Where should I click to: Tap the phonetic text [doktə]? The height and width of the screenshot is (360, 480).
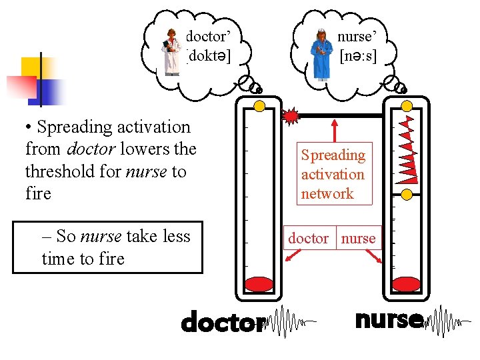209,56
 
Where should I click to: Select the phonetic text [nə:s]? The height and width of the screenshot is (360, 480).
358,56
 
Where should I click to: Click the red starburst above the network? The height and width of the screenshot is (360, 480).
291,116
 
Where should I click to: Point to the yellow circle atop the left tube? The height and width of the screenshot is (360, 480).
260,105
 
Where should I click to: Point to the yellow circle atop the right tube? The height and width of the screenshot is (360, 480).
407,105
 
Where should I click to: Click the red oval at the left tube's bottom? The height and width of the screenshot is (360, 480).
260,285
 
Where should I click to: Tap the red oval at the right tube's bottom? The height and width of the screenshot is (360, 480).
407,285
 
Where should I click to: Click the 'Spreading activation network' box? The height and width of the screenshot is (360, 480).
333,174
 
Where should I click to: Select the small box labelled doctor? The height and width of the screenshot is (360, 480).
308,238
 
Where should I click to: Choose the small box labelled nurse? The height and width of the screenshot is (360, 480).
359,238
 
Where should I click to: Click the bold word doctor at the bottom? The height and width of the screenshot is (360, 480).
222,323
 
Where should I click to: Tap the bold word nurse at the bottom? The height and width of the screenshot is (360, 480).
389,320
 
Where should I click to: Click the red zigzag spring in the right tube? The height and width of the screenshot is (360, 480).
407,150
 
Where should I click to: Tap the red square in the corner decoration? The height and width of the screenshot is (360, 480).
21,87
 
